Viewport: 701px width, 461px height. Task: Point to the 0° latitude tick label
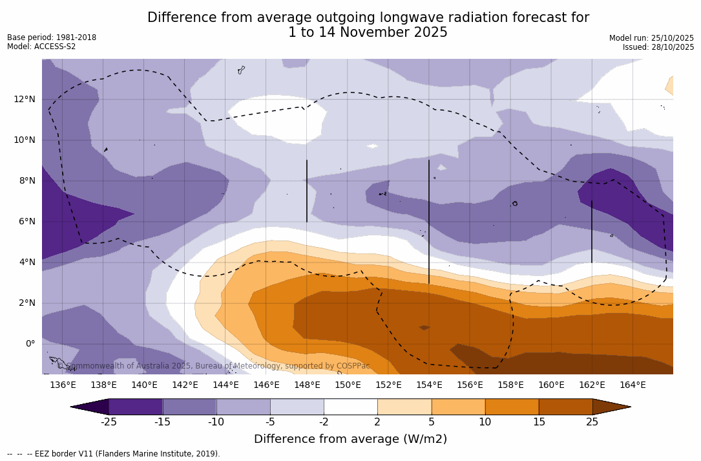pyautogui.click(x=30, y=343)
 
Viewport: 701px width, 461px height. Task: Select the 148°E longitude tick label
pyautogui.click(x=307, y=385)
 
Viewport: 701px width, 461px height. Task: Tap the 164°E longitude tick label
pyautogui.click(x=633, y=385)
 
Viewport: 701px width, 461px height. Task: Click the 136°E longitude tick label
pyautogui.click(x=63, y=385)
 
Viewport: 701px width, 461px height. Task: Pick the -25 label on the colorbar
pyautogui.click(x=109, y=422)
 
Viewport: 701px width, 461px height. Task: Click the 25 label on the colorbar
pyautogui.click(x=592, y=422)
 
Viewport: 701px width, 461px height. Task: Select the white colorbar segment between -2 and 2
pyautogui.click(x=350, y=407)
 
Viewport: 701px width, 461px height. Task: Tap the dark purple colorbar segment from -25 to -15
pyautogui.click(x=136, y=407)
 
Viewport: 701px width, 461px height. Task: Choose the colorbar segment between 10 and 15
pyautogui.click(x=512, y=407)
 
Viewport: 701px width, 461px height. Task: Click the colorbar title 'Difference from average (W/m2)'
pyautogui.click(x=350, y=439)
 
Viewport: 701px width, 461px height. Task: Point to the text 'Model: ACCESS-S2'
pyautogui.click(x=41, y=47)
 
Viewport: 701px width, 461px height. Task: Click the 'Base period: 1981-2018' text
pyautogui.click(x=52, y=38)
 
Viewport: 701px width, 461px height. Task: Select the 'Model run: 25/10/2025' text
pyautogui.click(x=651, y=38)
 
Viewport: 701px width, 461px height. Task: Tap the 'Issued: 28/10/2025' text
pyautogui.click(x=658, y=47)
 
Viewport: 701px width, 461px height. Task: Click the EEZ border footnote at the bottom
pyautogui.click(x=114, y=454)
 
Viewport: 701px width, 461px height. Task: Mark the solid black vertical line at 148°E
pyautogui.click(x=307, y=191)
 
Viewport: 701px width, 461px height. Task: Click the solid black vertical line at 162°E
pyautogui.click(x=592, y=231)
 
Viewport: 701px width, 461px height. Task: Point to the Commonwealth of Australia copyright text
pyautogui.click(x=214, y=366)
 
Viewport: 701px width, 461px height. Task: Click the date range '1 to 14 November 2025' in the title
pyautogui.click(x=368, y=32)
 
